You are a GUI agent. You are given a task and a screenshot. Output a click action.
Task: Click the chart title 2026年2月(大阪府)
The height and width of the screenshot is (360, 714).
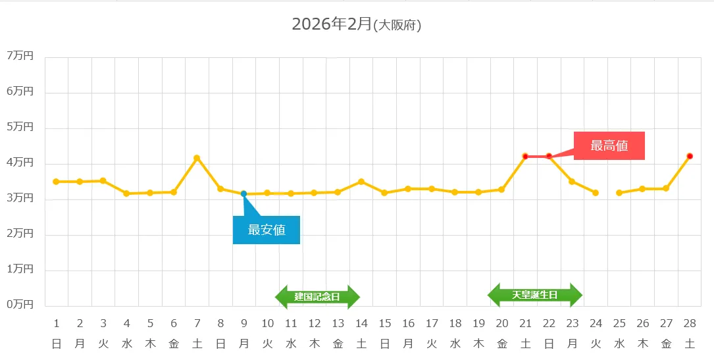(356, 25)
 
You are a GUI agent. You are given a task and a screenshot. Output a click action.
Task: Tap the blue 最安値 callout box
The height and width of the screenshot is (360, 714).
(267, 230)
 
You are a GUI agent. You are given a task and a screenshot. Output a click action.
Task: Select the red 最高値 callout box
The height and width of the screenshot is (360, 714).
(609, 145)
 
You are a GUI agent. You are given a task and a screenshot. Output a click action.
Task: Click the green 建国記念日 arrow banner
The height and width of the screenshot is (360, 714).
(317, 297)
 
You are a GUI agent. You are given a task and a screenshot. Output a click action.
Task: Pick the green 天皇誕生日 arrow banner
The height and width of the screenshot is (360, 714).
(534, 295)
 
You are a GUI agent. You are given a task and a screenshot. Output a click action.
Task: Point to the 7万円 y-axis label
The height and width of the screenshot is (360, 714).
(20, 56)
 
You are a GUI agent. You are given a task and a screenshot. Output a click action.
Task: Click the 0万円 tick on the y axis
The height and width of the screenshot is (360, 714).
(20, 305)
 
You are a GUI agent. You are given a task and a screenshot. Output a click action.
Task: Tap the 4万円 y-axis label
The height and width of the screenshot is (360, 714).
(20, 163)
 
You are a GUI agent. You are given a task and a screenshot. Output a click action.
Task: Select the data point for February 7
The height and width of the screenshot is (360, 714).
(197, 158)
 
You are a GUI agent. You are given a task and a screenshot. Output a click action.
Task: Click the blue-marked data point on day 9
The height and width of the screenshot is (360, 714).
(243, 193)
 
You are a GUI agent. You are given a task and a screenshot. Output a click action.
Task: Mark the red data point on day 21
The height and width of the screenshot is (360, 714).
(525, 156)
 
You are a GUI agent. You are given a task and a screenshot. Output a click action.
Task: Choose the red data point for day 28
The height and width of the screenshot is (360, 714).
(690, 156)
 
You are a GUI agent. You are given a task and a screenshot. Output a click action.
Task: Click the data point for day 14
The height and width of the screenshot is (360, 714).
(361, 182)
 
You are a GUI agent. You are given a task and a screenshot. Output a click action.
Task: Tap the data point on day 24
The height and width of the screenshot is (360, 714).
(596, 193)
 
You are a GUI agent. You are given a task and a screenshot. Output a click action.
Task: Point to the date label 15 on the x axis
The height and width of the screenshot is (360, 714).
(385, 323)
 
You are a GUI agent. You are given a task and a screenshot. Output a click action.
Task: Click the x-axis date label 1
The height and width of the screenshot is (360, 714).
(57, 323)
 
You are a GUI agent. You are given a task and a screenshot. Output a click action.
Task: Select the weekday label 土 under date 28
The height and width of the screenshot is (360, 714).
(690, 343)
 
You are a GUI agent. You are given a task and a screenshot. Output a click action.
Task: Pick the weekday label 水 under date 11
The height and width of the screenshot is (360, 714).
(291, 343)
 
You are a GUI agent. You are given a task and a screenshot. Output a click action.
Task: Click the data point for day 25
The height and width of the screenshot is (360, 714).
(619, 193)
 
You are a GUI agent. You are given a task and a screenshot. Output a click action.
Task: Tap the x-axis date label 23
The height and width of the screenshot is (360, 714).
(573, 323)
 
